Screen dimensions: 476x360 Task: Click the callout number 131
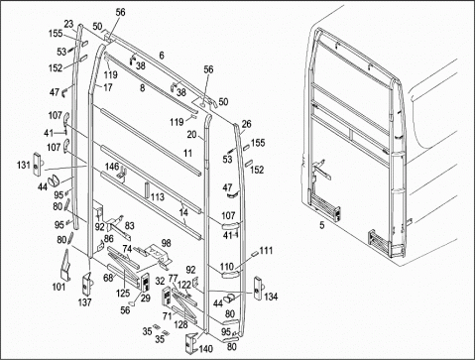[x=24, y=165]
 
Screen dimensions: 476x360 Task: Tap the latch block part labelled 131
[x=38, y=163]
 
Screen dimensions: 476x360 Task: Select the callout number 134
[x=271, y=297]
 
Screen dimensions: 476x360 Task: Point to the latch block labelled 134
[x=258, y=288]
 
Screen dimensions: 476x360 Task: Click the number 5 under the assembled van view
[x=322, y=225]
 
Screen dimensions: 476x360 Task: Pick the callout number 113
[x=158, y=197]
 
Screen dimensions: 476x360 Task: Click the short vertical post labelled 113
[x=146, y=190]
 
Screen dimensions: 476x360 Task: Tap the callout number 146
[x=112, y=167]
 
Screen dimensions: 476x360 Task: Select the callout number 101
[x=59, y=287]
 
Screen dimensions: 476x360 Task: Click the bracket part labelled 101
[x=65, y=266]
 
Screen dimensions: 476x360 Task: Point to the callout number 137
[x=84, y=302]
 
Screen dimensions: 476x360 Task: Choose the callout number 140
[x=206, y=349]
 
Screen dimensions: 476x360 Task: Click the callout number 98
[x=167, y=243]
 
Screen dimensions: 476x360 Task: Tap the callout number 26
[x=247, y=124]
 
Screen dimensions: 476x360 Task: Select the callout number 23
[x=68, y=24]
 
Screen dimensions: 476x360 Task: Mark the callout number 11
[x=187, y=153]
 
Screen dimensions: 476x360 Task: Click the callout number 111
[x=266, y=250]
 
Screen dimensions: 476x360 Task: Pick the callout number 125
[x=123, y=293]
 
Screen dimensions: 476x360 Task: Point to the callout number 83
[x=130, y=225]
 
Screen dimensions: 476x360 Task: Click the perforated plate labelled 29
[x=145, y=283]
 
